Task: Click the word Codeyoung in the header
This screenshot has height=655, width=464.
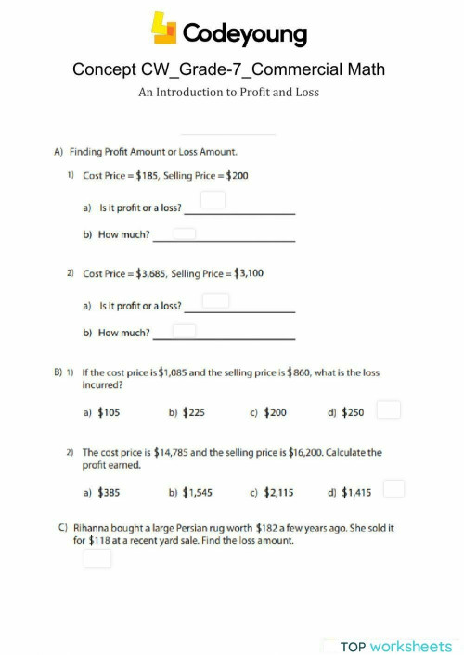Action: pos(244,34)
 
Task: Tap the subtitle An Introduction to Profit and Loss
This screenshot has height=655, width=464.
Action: pos(228,94)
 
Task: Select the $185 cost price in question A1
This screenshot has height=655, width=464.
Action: pos(146,174)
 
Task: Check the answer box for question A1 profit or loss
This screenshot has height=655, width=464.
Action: pos(213,200)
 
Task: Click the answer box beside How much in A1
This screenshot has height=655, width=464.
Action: pos(184,233)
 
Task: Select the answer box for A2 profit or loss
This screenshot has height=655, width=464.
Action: pos(215,300)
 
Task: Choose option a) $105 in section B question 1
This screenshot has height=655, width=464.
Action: pos(102,412)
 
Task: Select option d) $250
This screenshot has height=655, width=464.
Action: pos(346,412)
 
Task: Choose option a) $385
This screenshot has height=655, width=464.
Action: pos(102,493)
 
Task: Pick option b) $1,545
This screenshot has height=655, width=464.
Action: pos(191,493)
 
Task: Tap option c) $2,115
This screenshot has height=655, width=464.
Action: pos(273,493)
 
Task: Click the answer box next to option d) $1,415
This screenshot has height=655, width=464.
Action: pos(393,488)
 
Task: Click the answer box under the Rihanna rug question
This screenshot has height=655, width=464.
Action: pos(97,559)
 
